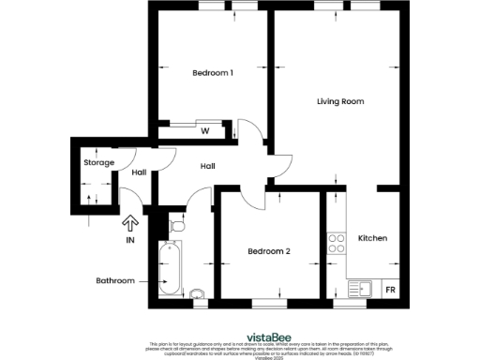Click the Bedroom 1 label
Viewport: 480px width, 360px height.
(212, 73)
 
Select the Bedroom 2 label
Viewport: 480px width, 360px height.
(268, 251)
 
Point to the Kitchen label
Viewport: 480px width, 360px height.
(372, 238)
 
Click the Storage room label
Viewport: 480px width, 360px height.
(98, 163)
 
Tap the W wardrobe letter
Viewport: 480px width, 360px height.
(204, 131)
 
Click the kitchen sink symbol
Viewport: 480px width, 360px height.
(359, 289)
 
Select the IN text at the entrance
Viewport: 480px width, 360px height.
(130, 241)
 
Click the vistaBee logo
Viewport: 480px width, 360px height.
(266, 335)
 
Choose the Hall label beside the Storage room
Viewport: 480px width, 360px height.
(138, 172)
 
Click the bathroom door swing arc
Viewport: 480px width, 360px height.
(200, 198)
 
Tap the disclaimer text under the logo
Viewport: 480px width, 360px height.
(266, 349)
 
